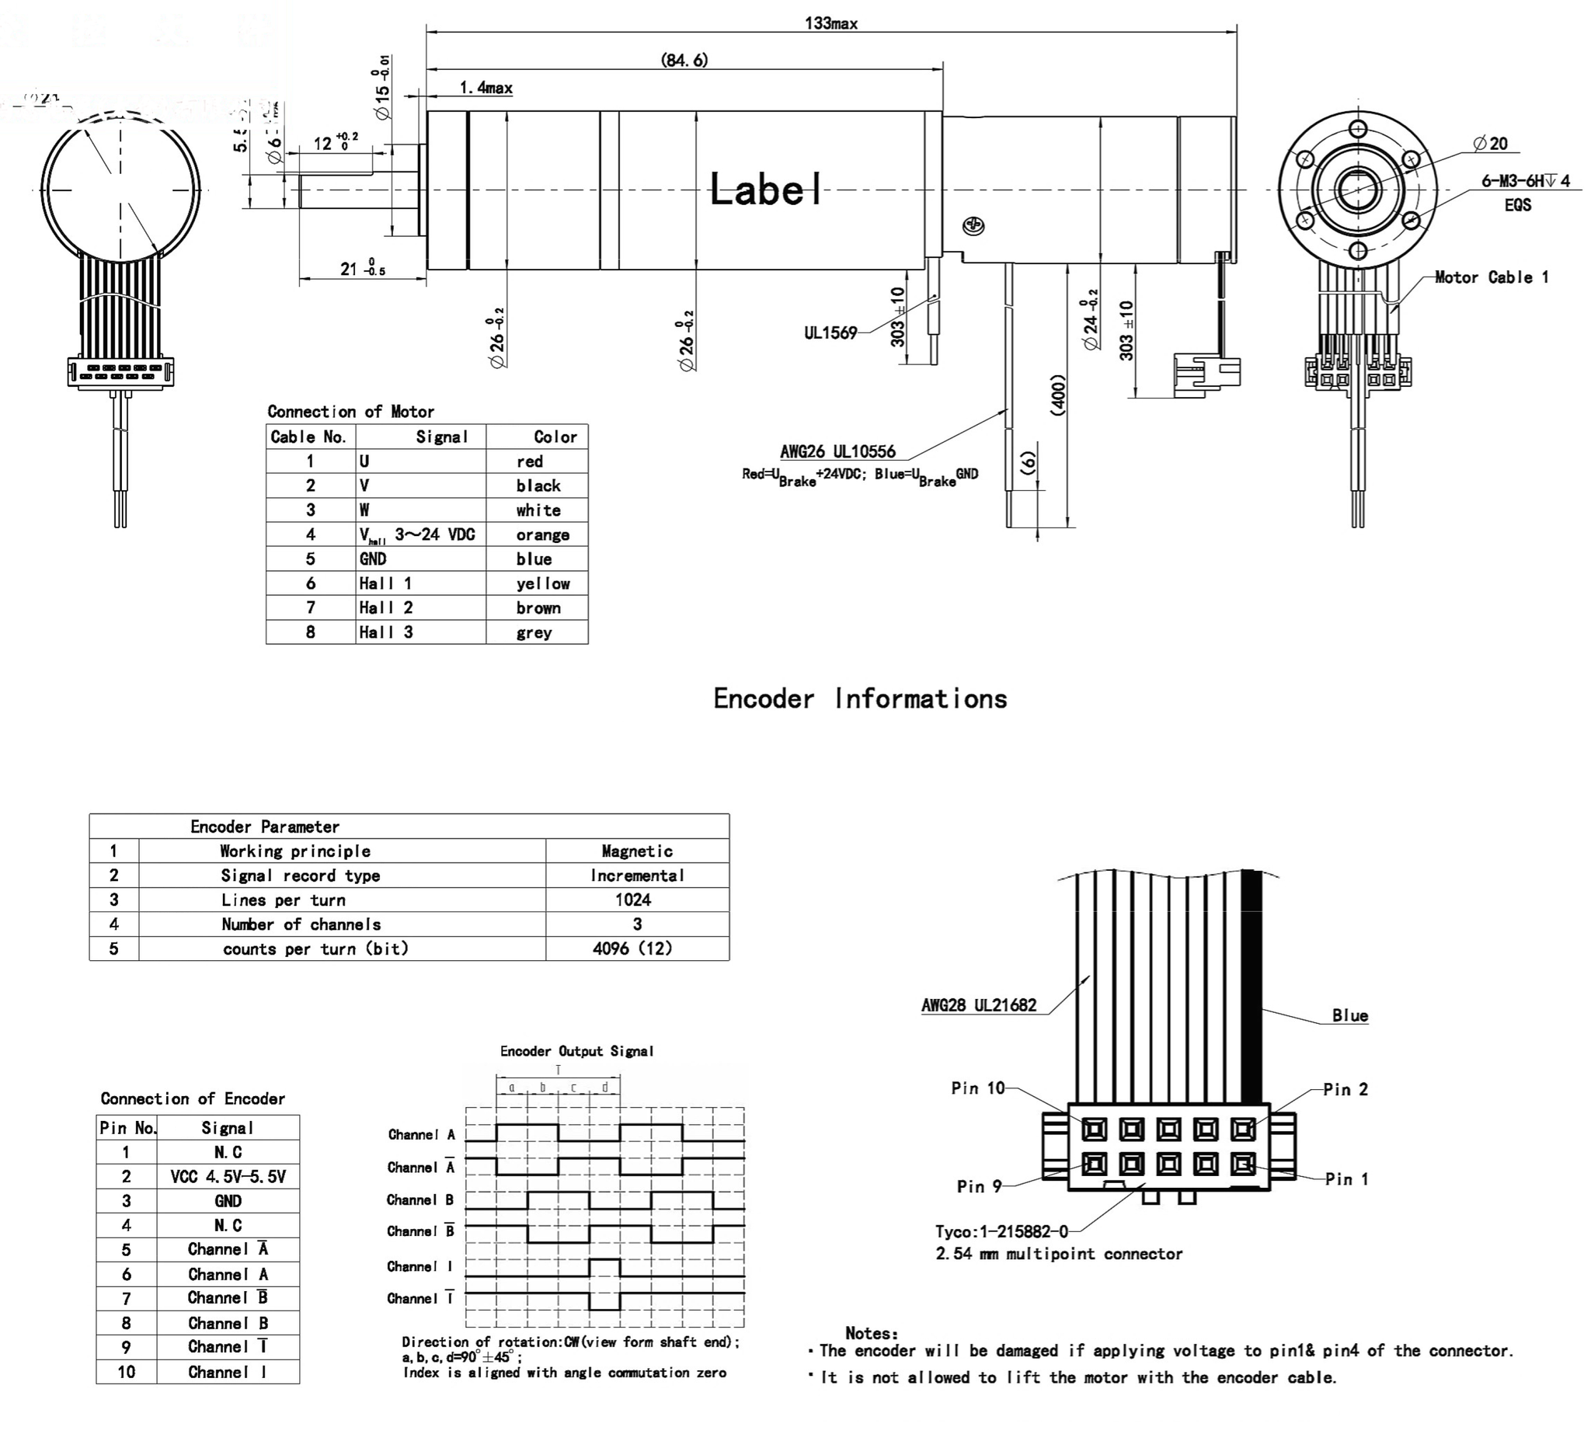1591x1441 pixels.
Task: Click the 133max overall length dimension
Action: pos(831,23)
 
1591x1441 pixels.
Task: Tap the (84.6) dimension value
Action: pos(684,60)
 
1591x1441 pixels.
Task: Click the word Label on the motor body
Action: pos(765,190)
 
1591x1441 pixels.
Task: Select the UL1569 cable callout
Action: pos(830,332)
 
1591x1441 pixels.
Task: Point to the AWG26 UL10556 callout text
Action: pos(837,451)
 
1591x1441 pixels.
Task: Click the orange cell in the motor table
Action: pos(542,534)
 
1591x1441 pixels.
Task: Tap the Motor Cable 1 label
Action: pos(1491,277)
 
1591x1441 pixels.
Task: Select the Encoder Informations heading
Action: pos(860,698)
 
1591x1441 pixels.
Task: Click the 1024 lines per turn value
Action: pos(633,900)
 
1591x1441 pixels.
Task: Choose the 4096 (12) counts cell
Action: pos(633,948)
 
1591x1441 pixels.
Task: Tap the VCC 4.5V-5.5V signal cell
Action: pos(228,1177)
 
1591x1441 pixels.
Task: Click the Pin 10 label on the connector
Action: pos(978,1088)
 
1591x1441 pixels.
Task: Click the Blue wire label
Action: pos(1349,1015)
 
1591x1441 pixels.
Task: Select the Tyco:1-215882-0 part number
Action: pos(1001,1232)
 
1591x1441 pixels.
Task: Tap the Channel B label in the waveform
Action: pos(420,1199)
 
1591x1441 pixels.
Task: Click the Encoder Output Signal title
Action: pos(576,1051)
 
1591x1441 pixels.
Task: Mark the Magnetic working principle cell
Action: pos(637,851)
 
